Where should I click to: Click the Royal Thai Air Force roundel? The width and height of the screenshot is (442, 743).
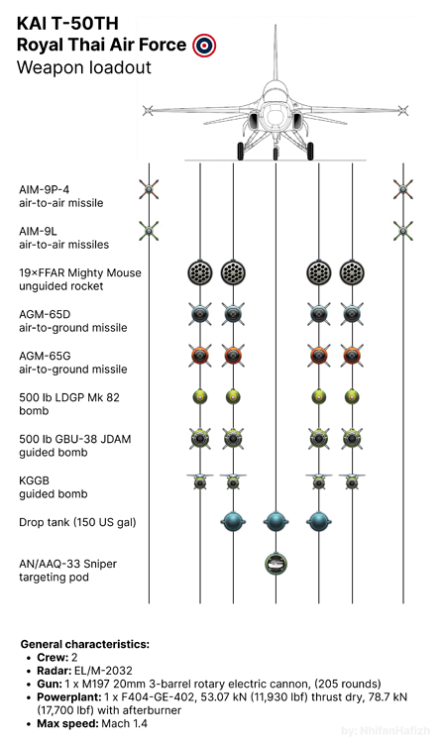[x=204, y=45]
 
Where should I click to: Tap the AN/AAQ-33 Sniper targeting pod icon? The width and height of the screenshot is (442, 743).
[x=276, y=564]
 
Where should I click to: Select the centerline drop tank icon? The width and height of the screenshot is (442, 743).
[x=276, y=522]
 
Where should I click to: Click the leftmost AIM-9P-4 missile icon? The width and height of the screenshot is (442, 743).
[x=149, y=189]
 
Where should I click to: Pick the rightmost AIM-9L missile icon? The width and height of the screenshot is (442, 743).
[x=403, y=231]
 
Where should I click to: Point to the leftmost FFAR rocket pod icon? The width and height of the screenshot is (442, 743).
[x=199, y=272]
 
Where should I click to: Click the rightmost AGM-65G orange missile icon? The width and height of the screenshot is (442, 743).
[x=352, y=356]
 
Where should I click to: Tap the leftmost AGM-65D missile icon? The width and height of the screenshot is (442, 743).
[x=199, y=314]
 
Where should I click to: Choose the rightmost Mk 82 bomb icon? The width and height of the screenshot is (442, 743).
[x=352, y=396]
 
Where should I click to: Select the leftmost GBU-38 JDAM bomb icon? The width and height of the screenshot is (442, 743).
[x=199, y=439]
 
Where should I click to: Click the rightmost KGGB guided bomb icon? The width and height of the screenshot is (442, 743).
[x=352, y=480]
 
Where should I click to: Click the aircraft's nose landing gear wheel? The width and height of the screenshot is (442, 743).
[x=276, y=154]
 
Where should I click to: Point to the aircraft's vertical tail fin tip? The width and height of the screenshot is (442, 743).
[x=276, y=26]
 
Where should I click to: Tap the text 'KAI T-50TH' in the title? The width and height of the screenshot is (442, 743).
[x=67, y=23]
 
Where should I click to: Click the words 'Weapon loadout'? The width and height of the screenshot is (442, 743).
[x=84, y=67]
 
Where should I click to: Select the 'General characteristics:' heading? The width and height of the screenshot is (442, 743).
[x=85, y=644]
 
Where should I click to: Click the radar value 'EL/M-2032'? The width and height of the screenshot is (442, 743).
[x=103, y=671]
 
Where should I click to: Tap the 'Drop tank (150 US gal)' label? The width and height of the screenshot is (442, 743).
[x=77, y=522]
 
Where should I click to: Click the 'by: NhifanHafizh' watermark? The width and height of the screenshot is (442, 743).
[x=386, y=731]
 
